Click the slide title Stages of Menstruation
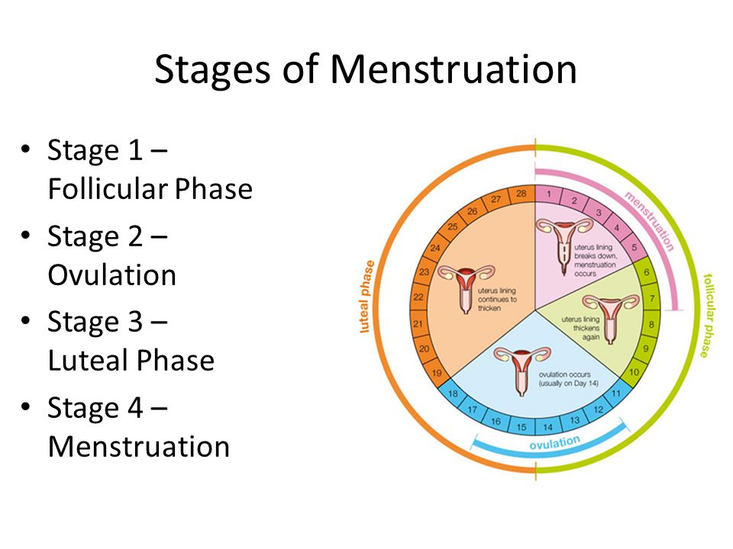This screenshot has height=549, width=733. coord(365,69)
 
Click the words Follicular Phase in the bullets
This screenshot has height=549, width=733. coord(150,189)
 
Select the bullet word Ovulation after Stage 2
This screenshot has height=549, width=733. coord(111,274)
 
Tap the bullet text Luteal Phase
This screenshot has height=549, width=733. coord(131,360)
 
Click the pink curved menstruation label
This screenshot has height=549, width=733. coord(649,221)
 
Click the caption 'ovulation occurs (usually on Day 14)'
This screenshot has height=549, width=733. coord(563,379)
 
